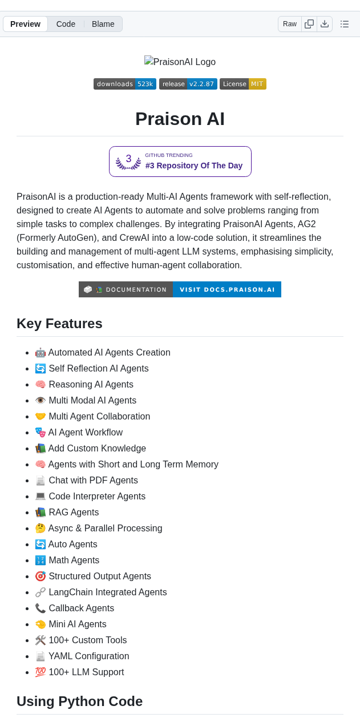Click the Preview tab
pyautogui.click(x=25, y=24)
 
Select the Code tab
pyautogui.click(x=66, y=24)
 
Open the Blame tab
pyautogui.click(x=103, y=24)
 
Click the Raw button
pyautogui.click(x=290, y=24)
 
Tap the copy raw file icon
pyautogui.click(x=309, y=24)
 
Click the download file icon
pyautogui.click(x=325, y=24)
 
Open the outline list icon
pyautogui.click(x=345, y=24)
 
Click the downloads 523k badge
pyautogui.click(x=125, y=84)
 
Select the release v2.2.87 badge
pyautogui.click(x=188, y=84)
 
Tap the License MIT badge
pyautogui.click(x=243, y=84)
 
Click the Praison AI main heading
pyautogui.click(x=180, y=119)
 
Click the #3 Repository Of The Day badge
pyautogui.click(x=180, y=162)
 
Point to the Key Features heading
pyautogui.click(x=59, y=324)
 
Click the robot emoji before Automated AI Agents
pyautogui.click(x=41, y=353)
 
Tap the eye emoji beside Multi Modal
pyautogui.click(x=41, y=401)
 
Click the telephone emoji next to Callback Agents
pyautogui.click(x=41, y=608)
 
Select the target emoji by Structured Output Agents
pyautogui.click(x=41, y=576)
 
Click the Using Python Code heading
pyautogui.click(x=79, y=701)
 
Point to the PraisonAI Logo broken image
pyautogui.click(x=180, y=62)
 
